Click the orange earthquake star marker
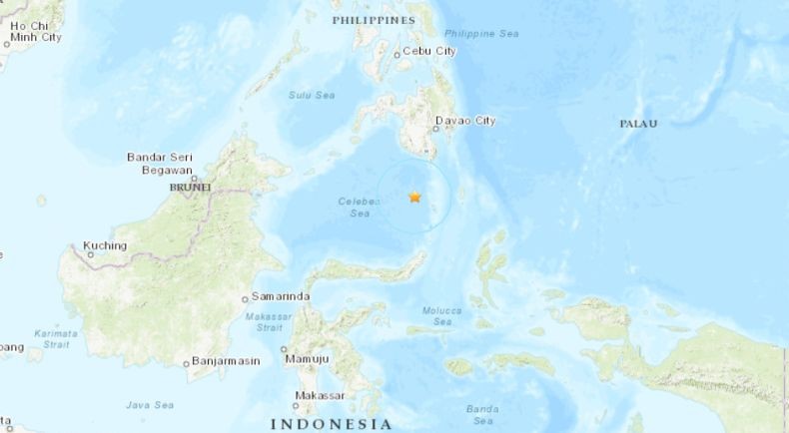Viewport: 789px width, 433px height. click(414, 198)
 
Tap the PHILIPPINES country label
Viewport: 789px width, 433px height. click(373, 20)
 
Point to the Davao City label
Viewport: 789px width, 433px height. click(465, 123)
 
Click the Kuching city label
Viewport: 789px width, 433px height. click(105, 245)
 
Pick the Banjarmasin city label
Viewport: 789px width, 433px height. click(224, 362)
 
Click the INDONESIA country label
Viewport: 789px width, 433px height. click(331, 424)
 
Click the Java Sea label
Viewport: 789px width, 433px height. click(150, 405)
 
